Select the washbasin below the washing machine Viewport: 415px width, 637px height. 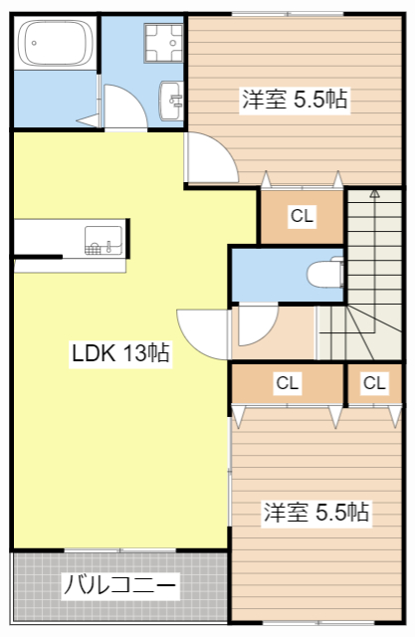[173, 99]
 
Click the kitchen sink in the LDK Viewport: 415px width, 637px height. [104, 239]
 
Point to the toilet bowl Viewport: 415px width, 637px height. [324, 273]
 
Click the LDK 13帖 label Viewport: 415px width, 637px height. [118, 352]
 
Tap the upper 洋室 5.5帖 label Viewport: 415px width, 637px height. [294, 100]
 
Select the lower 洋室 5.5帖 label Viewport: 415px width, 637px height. [315, 513]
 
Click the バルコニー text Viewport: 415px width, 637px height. [120, 585]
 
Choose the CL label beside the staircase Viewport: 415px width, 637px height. [302, 215]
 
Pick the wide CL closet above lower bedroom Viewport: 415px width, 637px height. [288, 382]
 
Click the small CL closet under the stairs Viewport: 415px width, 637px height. [374, 382]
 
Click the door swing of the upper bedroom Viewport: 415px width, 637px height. [211, 154]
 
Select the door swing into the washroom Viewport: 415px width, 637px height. [124, 107]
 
